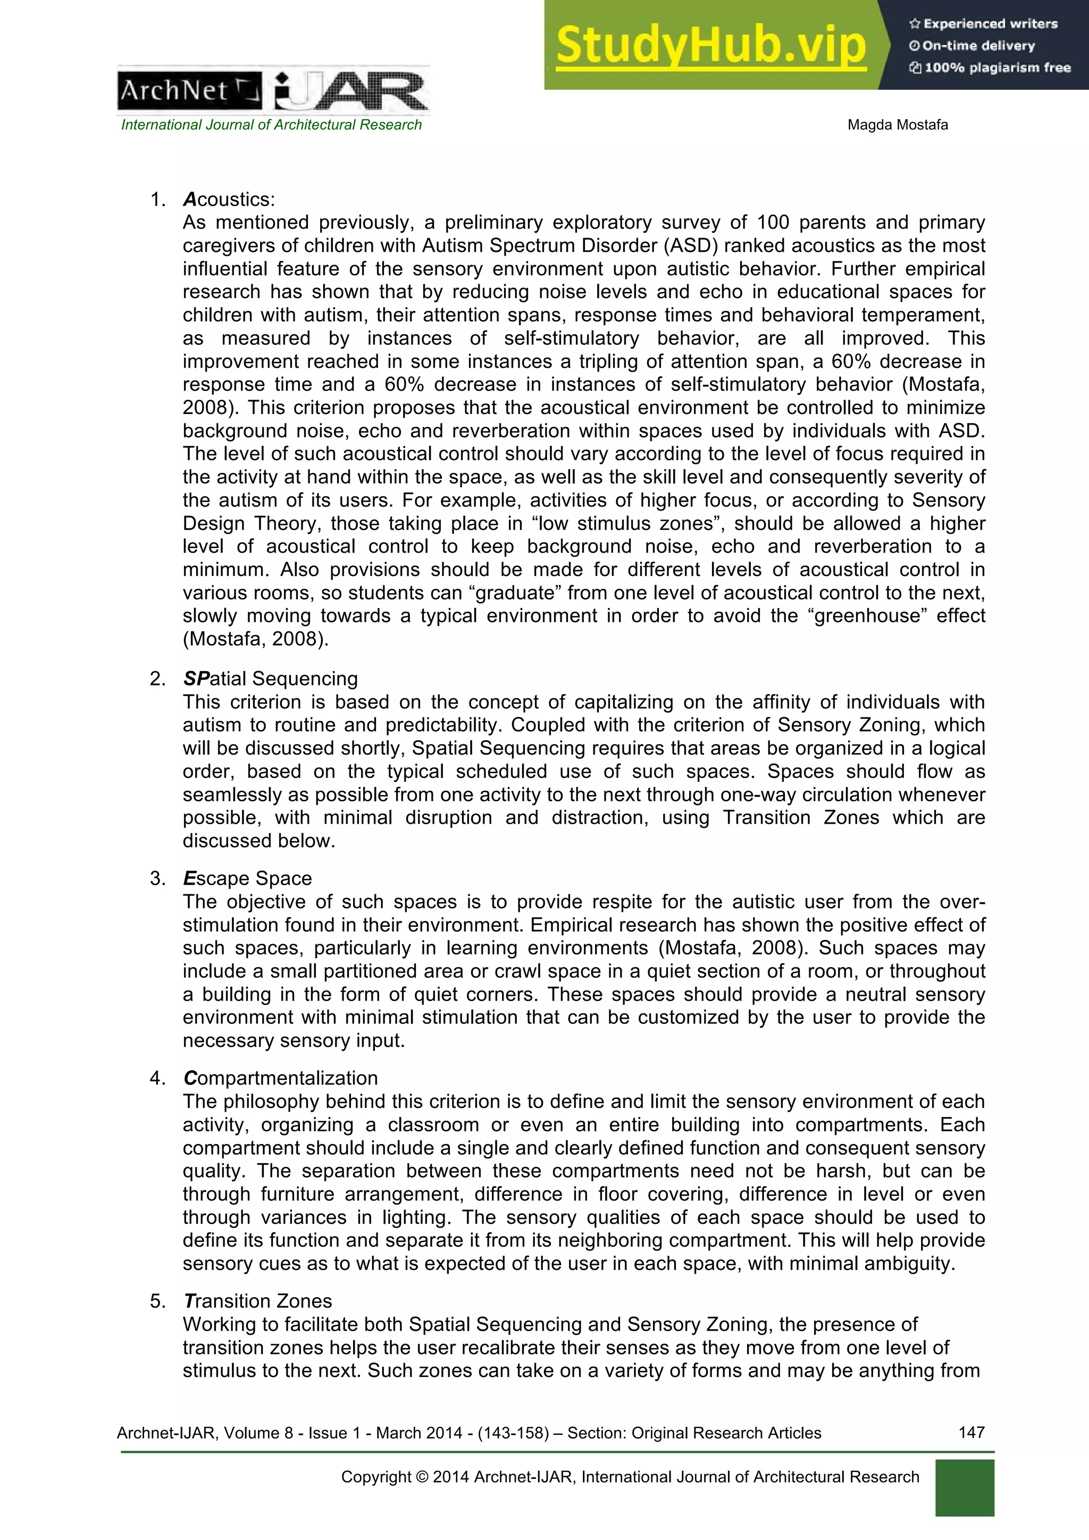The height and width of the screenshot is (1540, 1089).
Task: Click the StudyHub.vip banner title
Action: [710, 45]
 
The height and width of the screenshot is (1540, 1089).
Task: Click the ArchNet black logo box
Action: [189, 90]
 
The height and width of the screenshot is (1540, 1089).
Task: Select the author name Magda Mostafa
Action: [897, 125]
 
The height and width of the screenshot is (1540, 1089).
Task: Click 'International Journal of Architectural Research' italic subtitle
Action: [271, 125]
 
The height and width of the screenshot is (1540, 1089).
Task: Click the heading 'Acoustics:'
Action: [229, 199]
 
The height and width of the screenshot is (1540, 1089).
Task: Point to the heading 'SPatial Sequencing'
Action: [271, 678]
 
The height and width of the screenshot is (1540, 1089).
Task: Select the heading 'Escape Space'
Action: [247, 878]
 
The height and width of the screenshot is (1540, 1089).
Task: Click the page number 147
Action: [971, 1432]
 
